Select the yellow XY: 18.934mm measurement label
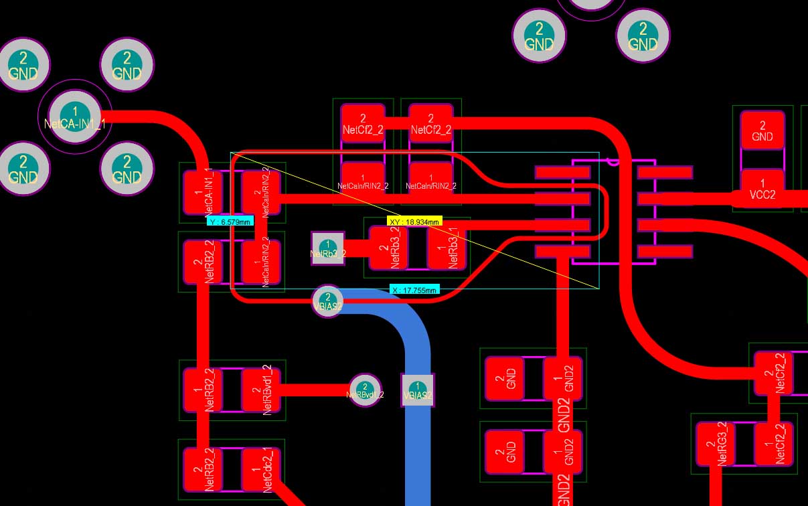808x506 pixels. click(x=415, y=221)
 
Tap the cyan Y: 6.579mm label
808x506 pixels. click(x=230, y=222)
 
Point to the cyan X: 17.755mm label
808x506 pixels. click(x=415, y=290)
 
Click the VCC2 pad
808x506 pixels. click(x=762, y=189)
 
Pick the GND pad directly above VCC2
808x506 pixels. click(x=762, y=130)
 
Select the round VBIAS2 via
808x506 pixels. click(x=327, y=302)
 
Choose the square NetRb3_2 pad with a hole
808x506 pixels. click(x=327, y=248)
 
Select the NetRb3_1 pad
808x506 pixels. click(x=447, y=248)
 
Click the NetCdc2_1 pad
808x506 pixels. click(x=262, y=470)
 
